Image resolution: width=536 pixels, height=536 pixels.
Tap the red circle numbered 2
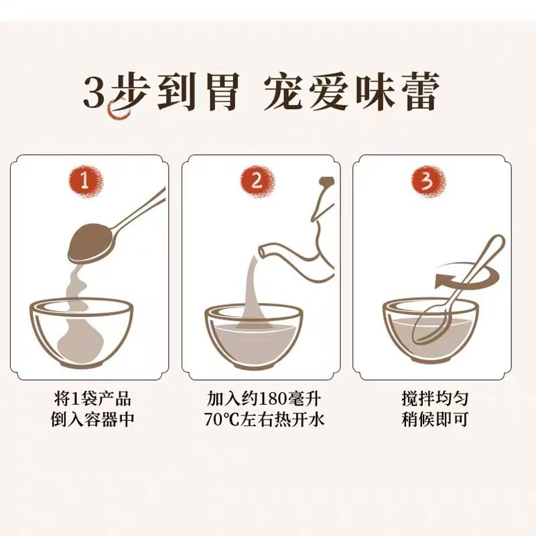(259, 182)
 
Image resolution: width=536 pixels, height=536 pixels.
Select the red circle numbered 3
(428, 182)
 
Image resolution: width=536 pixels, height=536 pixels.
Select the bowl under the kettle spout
(253, 335)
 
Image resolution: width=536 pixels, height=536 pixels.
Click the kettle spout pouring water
(265, 252)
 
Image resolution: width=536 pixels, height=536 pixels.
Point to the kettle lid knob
(327, 182)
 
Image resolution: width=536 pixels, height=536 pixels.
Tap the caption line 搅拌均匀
(431, 399)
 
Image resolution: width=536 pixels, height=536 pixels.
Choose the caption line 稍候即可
(431, 420)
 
